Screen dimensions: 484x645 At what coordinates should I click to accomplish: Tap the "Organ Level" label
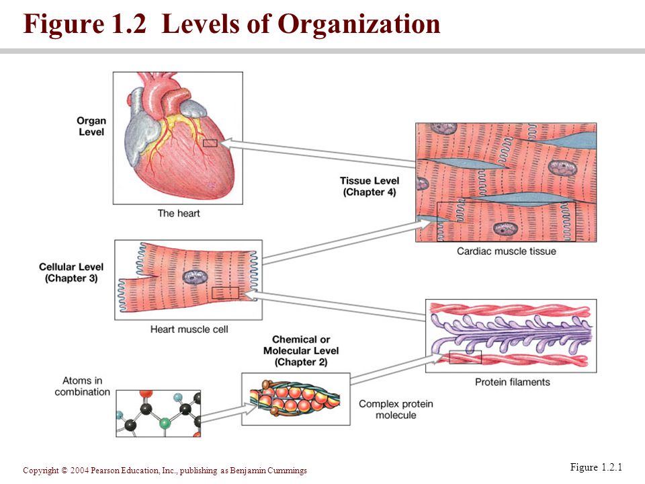[91, 126]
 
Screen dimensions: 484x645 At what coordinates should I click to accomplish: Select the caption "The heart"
[179, 213]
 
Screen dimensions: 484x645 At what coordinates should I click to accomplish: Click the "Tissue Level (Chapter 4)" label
[370, 186]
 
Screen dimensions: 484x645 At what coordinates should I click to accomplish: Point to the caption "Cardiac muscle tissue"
[506, 252]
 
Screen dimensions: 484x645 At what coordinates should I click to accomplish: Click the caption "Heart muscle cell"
[189, 329]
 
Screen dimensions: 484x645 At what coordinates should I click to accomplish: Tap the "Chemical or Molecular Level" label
[301, 351]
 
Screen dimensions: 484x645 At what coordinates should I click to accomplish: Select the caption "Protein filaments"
[512, 382]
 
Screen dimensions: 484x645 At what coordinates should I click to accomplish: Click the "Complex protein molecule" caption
[396, 409]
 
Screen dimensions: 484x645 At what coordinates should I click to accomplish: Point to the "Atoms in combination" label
[83, 387]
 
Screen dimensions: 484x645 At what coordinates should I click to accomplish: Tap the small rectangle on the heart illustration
[210, 143]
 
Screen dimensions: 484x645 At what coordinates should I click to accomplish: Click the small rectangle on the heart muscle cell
[225, 293]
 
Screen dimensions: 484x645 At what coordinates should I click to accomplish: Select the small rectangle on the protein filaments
[465, 358]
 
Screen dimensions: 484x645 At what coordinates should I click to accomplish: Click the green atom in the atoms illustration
[163, 424]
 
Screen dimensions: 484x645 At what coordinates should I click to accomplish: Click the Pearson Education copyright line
[165, 471]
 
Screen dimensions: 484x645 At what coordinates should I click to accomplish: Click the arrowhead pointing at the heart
[227, 142]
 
